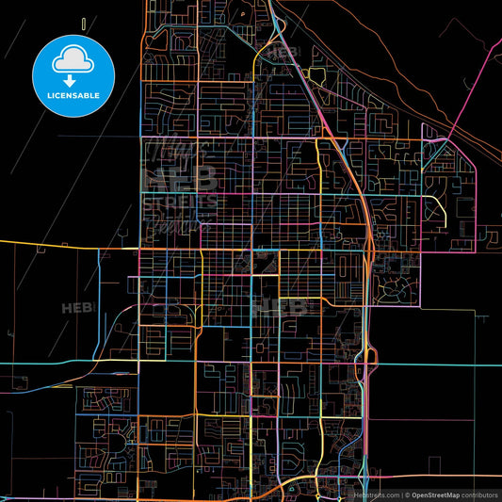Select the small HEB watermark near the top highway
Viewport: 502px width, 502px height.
283,53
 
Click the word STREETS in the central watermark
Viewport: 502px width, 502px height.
180,201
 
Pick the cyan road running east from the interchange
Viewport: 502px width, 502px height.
433,364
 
